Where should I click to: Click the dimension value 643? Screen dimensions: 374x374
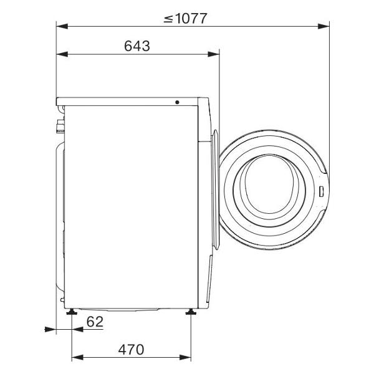pyautogui.click(x=137, y=46)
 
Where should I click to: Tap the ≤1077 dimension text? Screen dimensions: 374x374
pyautogui.click(x=185, y=18)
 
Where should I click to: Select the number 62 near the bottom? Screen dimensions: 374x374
pyautogui.click(x=95, y=322)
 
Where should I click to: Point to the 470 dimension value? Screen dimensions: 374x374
pyautogui.click(x=131, y=350)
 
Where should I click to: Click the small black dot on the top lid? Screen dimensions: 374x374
pyautogui.click(x=177, y=102)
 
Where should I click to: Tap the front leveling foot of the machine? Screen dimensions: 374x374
pyautogui.click(x=191, y=312)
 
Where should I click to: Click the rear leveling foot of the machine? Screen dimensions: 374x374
pyautogui.click(x=72, y=312)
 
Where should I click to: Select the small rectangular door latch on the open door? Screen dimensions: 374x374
pyautogui.click(x=321, y=191)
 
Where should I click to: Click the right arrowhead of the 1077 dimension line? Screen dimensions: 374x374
pyautogui.click(x=324, y=26)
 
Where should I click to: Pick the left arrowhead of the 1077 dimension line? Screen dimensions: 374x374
pyautogui.click(x=62, y=26)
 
